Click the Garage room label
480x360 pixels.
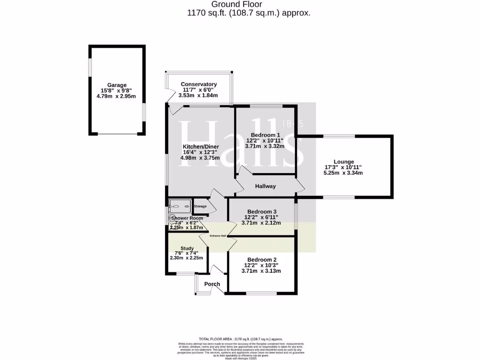[117, 85]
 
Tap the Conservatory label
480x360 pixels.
[199, 84]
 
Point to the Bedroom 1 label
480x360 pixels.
[265, 135]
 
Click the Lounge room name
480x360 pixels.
[344, 162]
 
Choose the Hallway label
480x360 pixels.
[265, 187]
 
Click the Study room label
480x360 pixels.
[187, 248]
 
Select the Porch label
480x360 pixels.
[212, 284]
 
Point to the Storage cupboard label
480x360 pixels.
[200, 206]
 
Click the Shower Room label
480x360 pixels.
[187, 218]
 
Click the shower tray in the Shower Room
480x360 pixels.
[180, 205]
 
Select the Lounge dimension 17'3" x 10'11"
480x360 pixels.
[344, 167]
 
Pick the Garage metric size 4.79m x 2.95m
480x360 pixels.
[117, 97]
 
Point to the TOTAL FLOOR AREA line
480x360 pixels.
[241, 339]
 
